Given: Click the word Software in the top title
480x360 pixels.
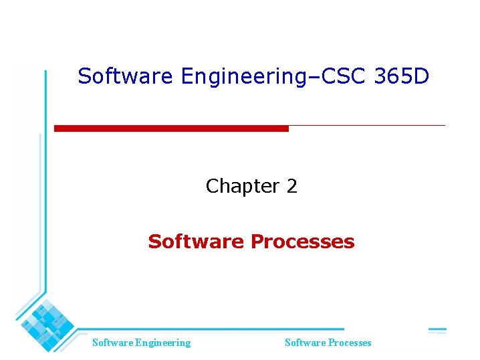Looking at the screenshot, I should coord(125,76).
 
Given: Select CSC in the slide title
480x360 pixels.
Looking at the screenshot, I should coord(342,76).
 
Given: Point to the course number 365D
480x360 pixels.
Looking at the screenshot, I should coord(402,76).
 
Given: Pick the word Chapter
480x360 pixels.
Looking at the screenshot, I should coord(241,186).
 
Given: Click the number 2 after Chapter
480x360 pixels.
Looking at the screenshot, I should coord(291,186).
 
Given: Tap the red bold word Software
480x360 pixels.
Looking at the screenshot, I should coord(197,242).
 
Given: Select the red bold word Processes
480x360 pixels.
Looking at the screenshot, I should coord(303,242).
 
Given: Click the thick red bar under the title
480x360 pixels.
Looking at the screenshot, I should coord(171,128).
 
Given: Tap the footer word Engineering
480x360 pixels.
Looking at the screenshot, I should coord(162,343).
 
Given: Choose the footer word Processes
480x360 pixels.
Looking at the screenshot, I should coord(349,343).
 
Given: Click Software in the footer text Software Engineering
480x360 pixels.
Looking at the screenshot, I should coord(112,343).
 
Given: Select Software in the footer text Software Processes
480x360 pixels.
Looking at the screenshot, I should coord(305,343).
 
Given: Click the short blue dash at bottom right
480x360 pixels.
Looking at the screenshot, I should coord(437,330).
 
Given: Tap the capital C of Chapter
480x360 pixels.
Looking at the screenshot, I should coord(213,186).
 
